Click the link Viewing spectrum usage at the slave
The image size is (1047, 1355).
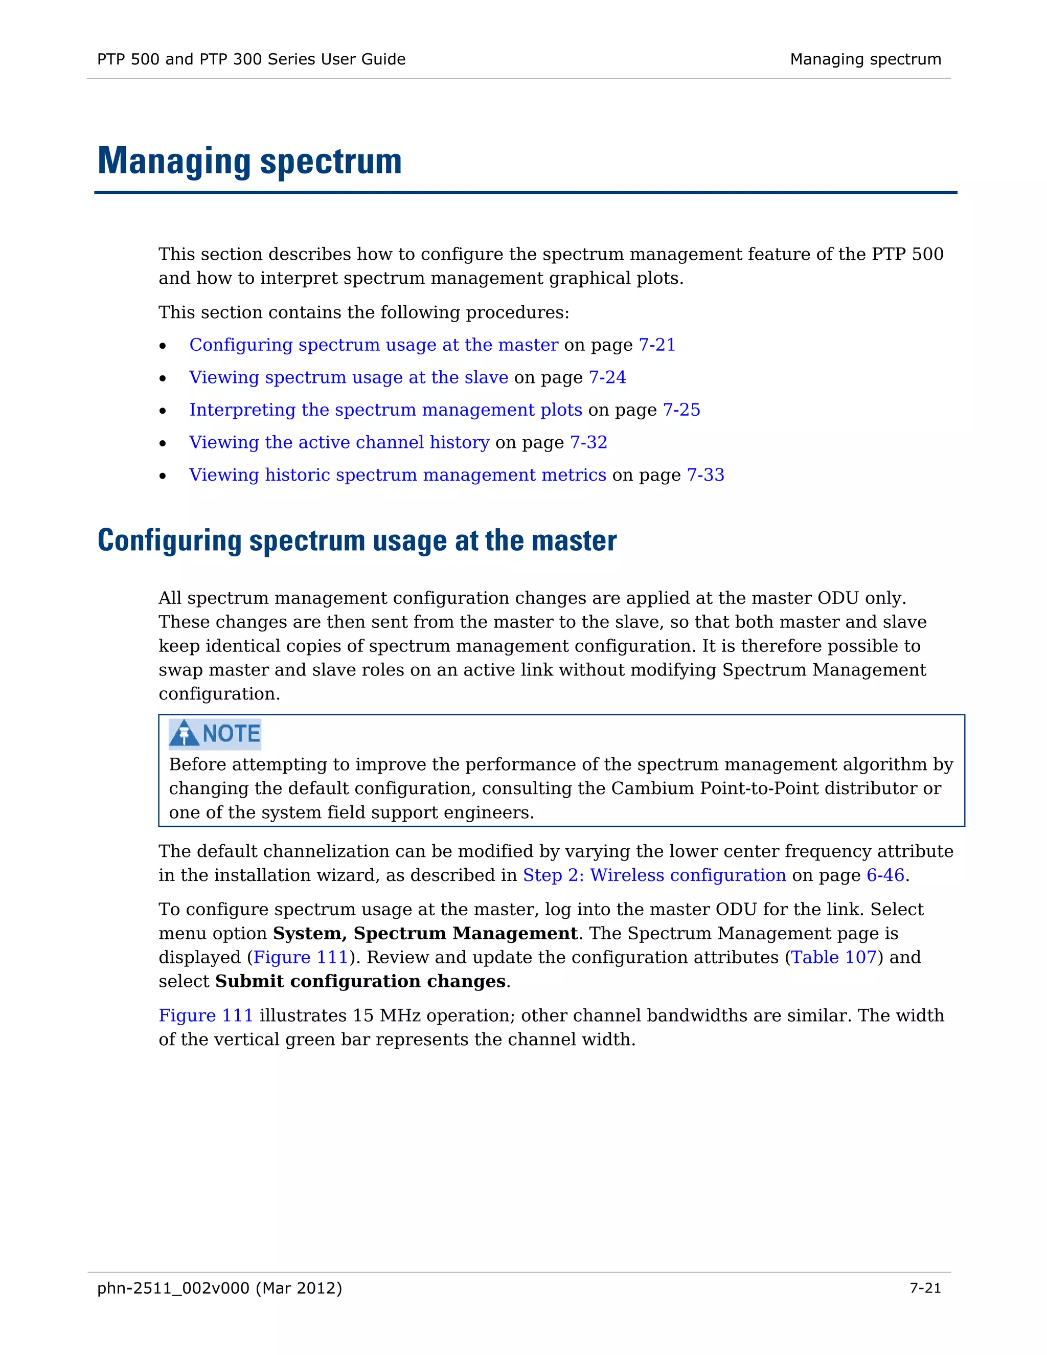pos(349,377)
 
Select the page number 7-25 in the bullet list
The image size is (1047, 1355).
pos(681,410)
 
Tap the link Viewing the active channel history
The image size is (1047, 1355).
pos(339,442)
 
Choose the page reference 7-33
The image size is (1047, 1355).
pos(705,475)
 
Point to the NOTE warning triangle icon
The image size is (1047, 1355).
pos(184,733)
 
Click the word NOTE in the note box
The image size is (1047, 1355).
pos(232,734)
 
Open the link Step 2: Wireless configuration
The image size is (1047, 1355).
pos(654,875)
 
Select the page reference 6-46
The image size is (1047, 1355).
pos(885,875)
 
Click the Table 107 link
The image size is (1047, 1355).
pos(834,957)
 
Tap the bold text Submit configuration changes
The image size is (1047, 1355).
pos(360,982)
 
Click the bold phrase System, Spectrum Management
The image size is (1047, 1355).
pos(425,934)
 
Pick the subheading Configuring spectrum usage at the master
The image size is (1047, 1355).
pos(357,541)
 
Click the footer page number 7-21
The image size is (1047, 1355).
pos(925,1289)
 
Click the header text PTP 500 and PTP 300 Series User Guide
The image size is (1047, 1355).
pos(251,59)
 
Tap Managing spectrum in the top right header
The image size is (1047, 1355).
pos(866,59)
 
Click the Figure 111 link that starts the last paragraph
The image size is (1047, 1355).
pos(206,1015)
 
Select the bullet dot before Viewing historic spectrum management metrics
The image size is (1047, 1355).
pos(163,476)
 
